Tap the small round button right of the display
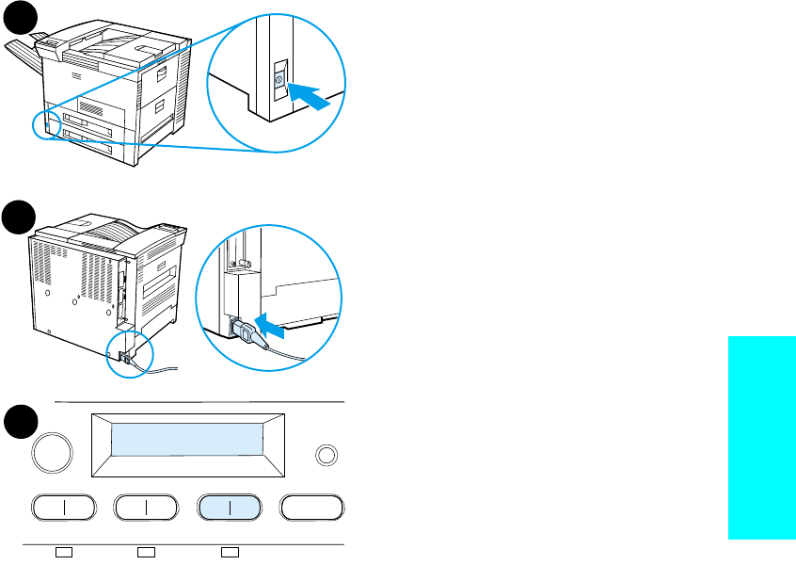point(326,455)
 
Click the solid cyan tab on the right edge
point(762,437)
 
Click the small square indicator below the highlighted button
point(229,551)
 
